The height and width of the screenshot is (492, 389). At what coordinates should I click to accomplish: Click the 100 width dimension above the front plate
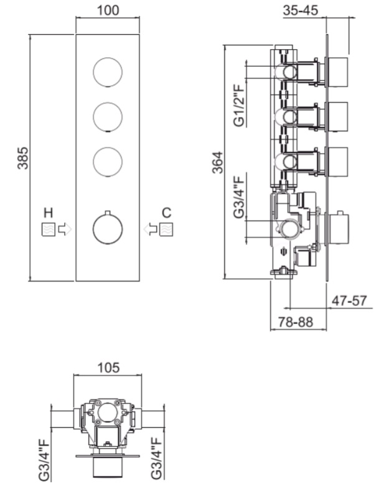(x=108, y=10)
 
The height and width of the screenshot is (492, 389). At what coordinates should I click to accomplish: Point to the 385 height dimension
(x=22, y=158)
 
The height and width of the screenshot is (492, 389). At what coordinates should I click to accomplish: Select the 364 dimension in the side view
(x=218, y=162)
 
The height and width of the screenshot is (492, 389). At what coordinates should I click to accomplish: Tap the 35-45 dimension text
(x=301, y=10)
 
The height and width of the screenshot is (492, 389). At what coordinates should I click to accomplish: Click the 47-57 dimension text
(x=349, y=300)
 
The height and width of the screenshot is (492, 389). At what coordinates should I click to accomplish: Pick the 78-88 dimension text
(x=296, y=322)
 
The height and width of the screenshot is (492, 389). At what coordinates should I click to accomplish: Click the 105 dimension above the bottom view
(x=108, y=368)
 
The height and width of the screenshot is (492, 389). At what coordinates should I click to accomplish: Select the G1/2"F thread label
(x=239, y=104)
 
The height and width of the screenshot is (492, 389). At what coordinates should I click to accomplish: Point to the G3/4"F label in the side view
(x=239, y=197)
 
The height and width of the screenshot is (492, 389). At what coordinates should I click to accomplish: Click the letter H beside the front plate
(x=48, y=213)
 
